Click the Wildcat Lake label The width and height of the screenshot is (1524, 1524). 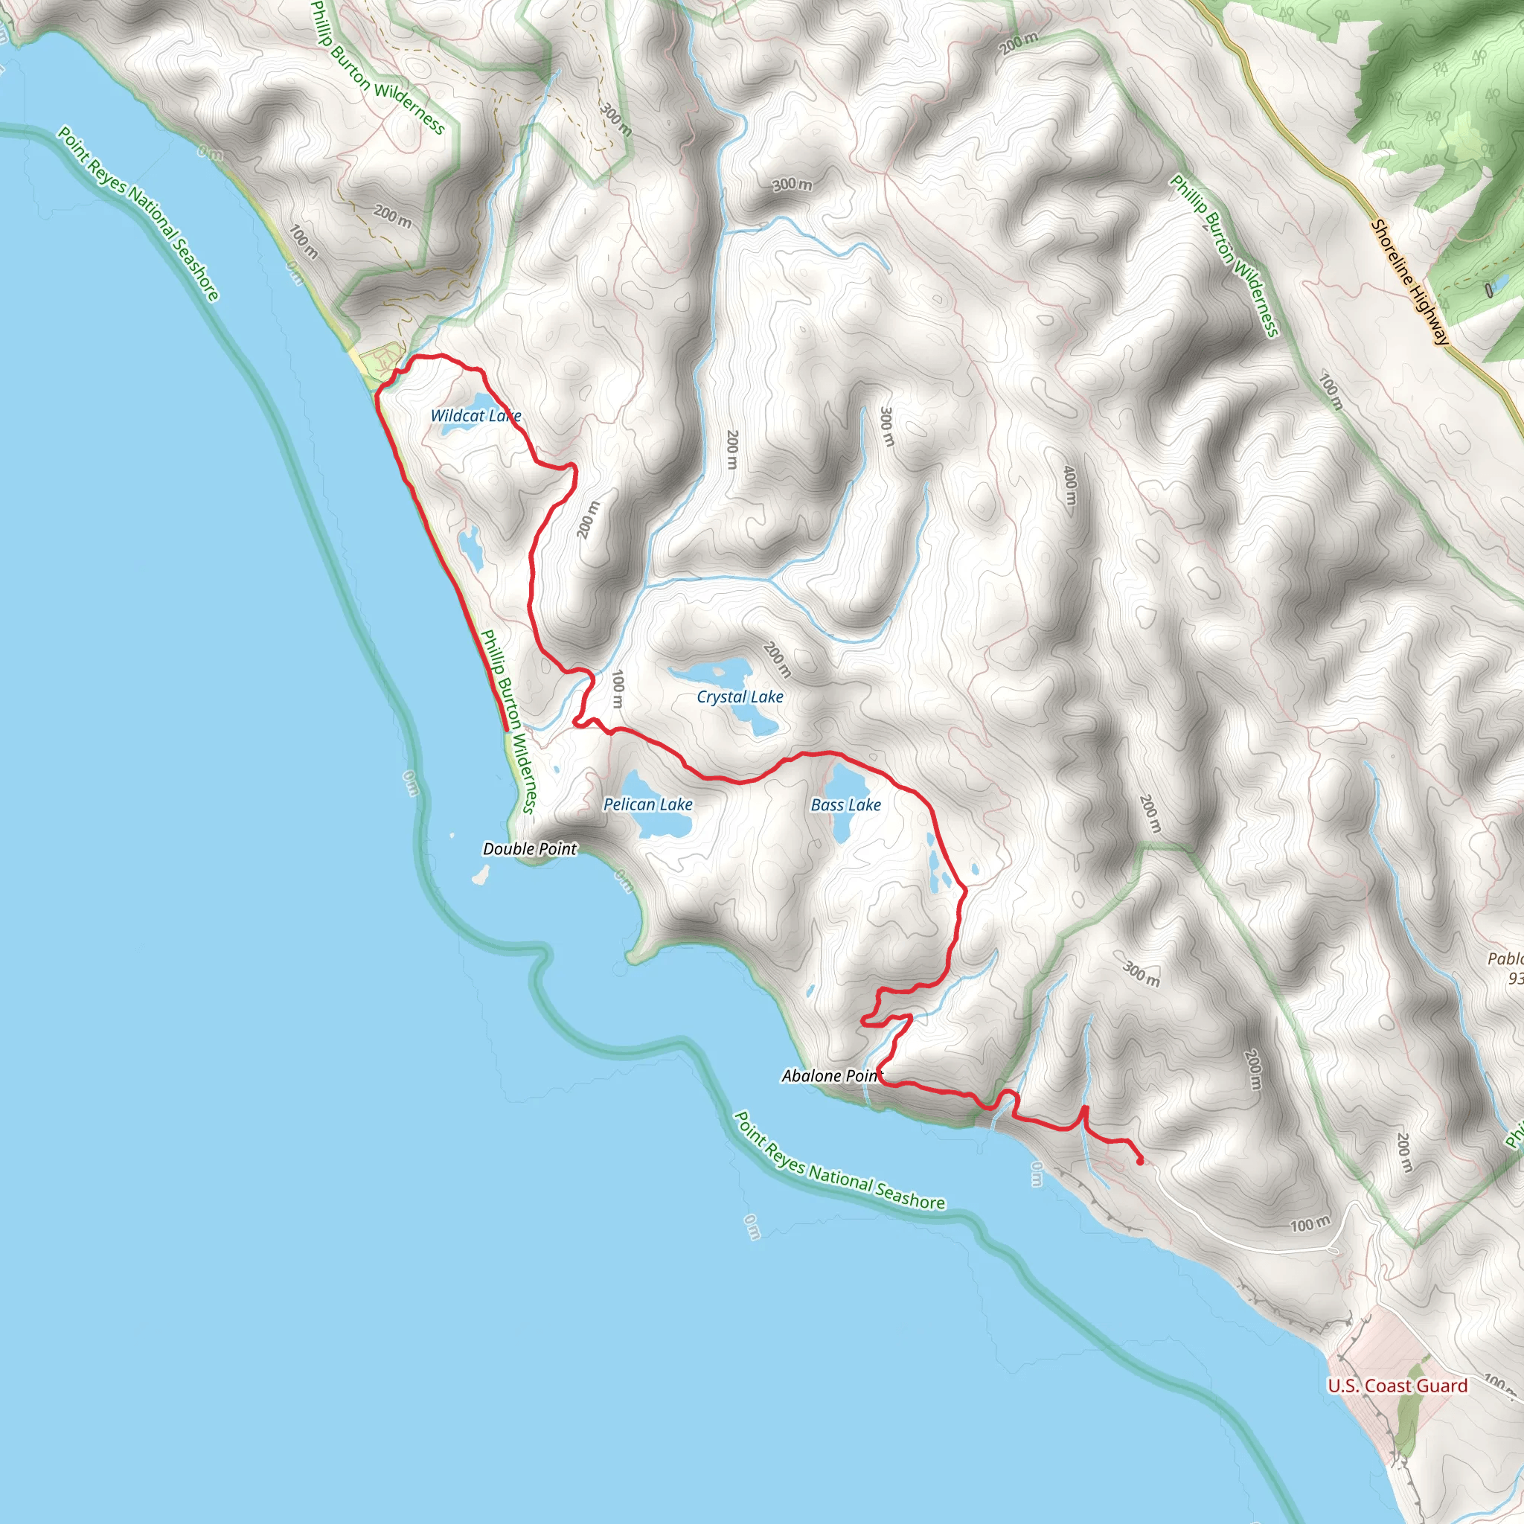pyautogui.click(x=476, y=416)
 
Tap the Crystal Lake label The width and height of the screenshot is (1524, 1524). pyautogui.click(x=739, y=697)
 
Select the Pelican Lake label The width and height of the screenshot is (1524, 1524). pyautogui.click(x=647, y=804)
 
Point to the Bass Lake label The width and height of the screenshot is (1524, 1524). pyautogui.click(x=845, y=804)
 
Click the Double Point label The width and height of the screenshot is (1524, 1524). pyautogui.click(x=529, y=849)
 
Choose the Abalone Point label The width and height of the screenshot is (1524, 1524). pyautogui.click(x=829, y=1076)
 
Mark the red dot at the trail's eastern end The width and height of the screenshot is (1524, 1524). pyautogui.click(x=1140, y=1161)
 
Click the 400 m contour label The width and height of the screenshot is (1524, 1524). pyautogui.click(x=1069, y=485)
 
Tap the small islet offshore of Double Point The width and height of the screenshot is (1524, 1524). pyautogui.click(x=478, y=875)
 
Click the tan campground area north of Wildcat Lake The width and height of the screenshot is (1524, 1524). pyautogui.click(x=382, y=359)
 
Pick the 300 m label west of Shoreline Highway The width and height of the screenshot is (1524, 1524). pyautogui.click(x=791, y=185)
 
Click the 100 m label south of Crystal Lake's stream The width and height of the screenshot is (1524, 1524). pyautogui.click(x=618, y=689)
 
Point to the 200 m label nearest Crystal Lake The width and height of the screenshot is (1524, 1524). pyautogui.click(x=778, y=659)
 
